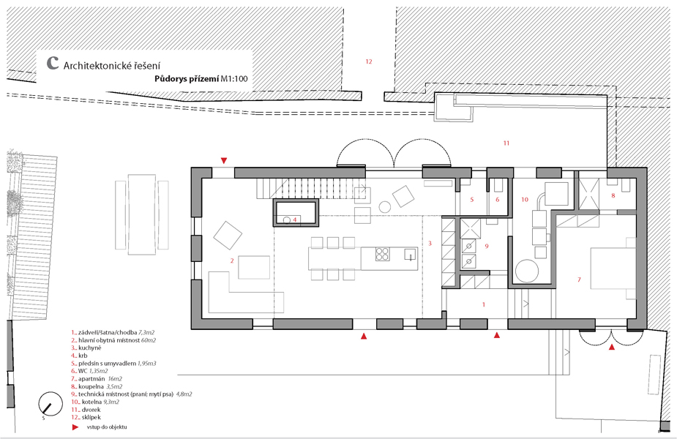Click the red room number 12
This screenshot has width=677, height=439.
[369, 61]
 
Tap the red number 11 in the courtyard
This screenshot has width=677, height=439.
[506, 143]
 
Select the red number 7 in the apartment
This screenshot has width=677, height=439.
[579, 279]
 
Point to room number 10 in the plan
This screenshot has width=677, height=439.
[525, 200]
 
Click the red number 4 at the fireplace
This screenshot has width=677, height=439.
[295, 219]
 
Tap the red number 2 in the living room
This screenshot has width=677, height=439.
[232, 260]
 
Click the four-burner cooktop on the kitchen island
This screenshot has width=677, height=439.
[382, 254]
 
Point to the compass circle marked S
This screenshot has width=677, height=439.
[50, 404]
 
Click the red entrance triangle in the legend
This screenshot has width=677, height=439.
[75, 427]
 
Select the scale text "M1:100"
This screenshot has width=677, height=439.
[234, 78]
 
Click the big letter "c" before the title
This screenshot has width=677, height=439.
[52, 63]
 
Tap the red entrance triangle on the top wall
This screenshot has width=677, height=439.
[224, 161]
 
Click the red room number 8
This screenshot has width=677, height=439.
[613, 195]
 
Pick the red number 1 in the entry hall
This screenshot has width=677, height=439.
[484, 305]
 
